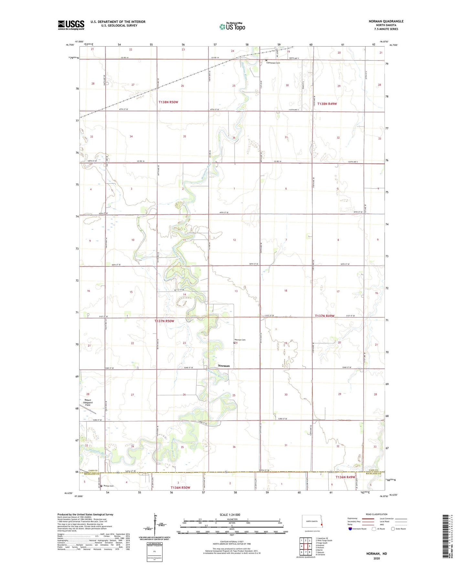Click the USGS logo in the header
pyautogui.click(x=71, y=25)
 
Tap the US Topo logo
pyautogui.click(x=232, y=27)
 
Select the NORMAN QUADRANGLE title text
pyautogui.click(x=386, y=21)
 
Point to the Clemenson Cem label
pyautogui.click(x=273, y=63)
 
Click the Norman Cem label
pyautogui.click(x=240, y=340)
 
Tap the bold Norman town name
pyautogui.click(x=224, y=366)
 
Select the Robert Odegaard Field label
pyautogui.click(x=88, y=403)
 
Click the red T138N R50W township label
pyautogui.click(x=168, y=102)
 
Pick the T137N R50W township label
pyautogui.click(x=164, y=321)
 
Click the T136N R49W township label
pyautogui.click(x=345, y=477)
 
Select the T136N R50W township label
pyautogui.click(x=180, y=487)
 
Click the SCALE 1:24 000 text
pyautogui.click(x=230, y=515)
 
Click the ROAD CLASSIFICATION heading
pyautogui.click(x=377, y=514)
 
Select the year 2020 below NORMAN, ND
pyautogui.click(x=376, y=558)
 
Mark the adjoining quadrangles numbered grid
pyautogui.click(x=305, y=547)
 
